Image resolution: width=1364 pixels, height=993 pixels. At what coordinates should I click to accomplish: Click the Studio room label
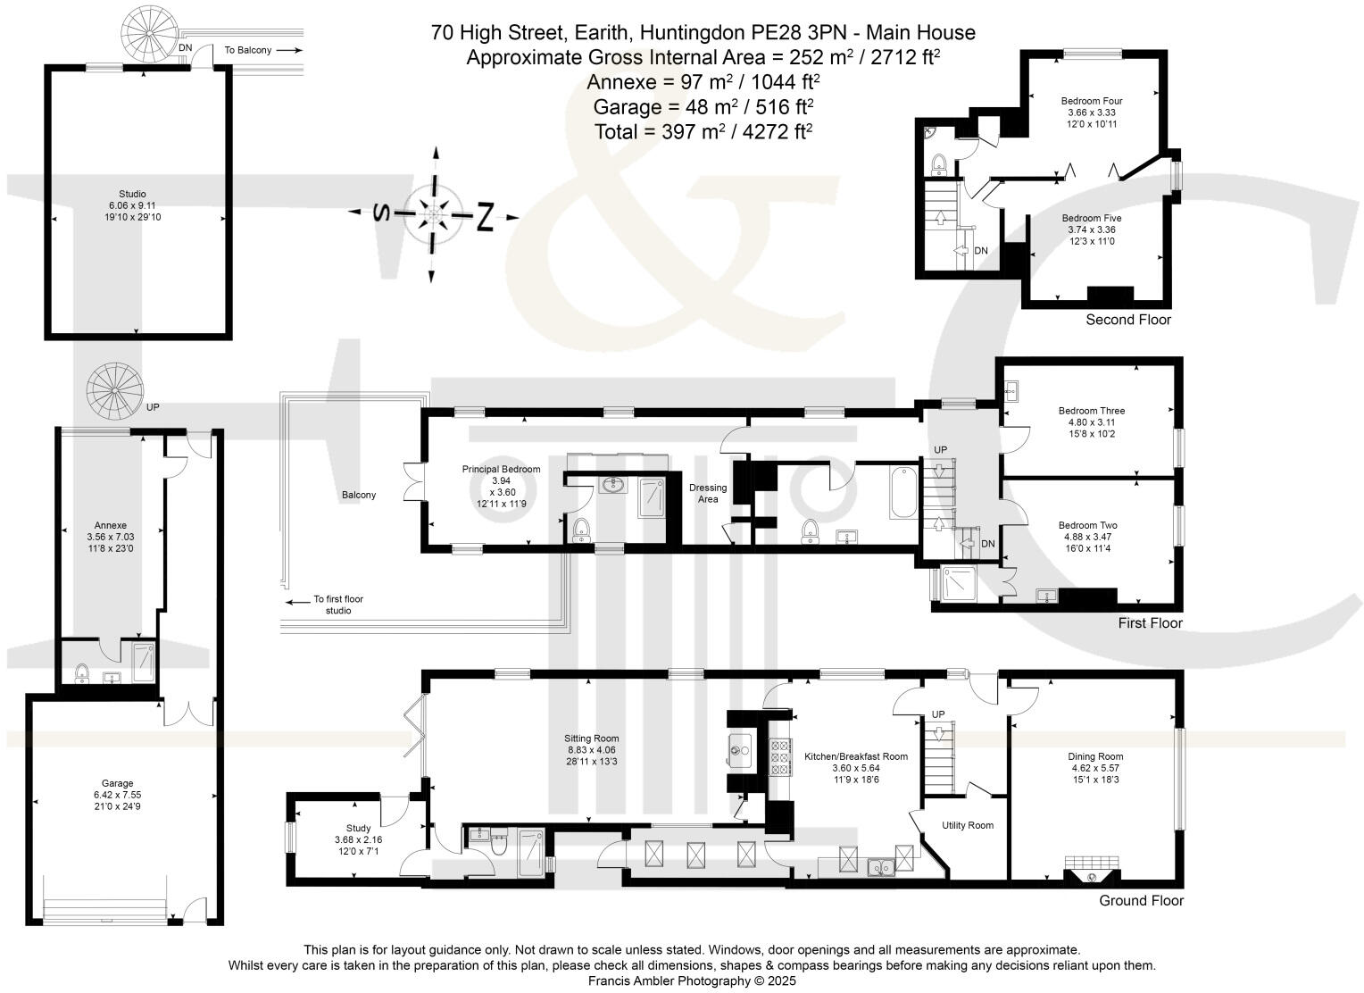click(132, 194)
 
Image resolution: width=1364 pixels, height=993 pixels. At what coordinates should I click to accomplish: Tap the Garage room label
click(117, 783)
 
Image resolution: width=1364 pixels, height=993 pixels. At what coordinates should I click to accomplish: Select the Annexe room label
click(111, 525)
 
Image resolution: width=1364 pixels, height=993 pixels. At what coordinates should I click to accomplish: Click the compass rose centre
click(435, 214)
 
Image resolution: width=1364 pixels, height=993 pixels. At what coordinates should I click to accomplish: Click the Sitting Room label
click(591, 738)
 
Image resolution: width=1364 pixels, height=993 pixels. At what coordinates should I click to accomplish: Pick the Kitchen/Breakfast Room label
click(855, 756)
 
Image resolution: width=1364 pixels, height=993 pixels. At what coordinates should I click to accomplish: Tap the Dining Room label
click(1097, 756)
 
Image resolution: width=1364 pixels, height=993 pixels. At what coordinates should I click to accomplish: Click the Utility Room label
click(968, 825)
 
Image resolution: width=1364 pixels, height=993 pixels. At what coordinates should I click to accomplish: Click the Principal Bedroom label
click(501, 469)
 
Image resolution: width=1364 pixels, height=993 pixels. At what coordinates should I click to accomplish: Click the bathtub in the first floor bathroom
click(903, 492)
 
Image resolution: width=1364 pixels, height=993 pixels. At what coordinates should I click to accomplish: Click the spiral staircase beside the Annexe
click(114, 388)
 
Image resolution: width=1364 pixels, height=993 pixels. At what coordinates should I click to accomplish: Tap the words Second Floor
click(1127, 320)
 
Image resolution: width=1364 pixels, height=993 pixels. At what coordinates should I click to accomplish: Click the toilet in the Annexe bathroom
click(82, 671)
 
